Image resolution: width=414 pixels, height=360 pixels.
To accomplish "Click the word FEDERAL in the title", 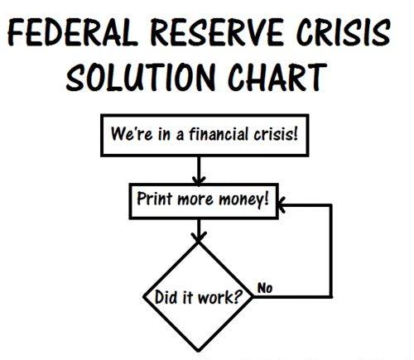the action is [x=73, y=32].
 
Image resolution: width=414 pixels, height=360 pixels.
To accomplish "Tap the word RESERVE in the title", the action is [x=217, y=32].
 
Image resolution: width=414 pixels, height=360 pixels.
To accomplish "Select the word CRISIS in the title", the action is [x=344, y=32].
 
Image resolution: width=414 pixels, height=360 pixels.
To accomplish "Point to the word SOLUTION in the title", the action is [x=141, y=77].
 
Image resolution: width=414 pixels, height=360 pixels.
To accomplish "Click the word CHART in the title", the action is [x=277, y=77].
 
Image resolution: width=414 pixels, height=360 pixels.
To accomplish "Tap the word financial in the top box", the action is [x=219, y=134].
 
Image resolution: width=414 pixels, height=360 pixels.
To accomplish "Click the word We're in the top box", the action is [x=132, y=133].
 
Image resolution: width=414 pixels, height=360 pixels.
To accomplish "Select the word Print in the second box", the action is [x=155, y=199].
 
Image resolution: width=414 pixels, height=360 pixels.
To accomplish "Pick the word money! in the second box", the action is [x=244, y=199].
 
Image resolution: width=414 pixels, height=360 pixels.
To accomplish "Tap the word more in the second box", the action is [x=195, y=199].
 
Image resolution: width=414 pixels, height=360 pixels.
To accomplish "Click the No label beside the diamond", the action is [x=265, y=288].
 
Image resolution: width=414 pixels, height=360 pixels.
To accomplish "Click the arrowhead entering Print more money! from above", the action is [x=199, y=180].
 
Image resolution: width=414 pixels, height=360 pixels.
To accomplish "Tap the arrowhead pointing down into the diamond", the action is [x=199, y=237].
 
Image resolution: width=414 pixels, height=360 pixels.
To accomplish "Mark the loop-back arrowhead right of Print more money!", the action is [x=282, y=204].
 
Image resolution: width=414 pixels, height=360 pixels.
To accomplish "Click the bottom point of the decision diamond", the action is [x=199, y=351].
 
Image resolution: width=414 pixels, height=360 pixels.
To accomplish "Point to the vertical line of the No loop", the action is [x=330, y=251].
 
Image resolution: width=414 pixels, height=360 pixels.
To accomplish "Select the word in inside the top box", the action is [x=164, y=134].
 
